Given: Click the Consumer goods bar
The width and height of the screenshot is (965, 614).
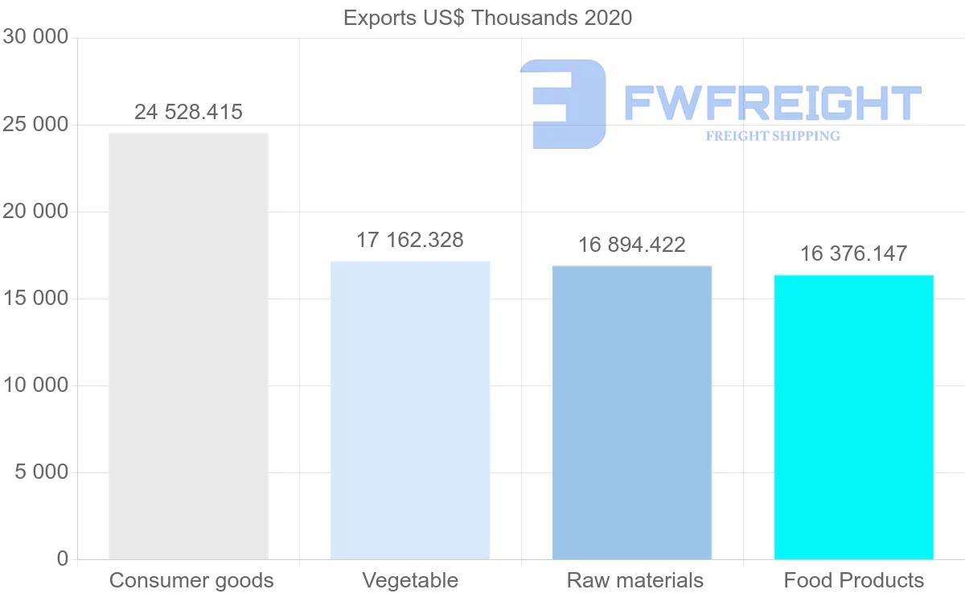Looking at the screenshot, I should pyautogui.click(x=188, y=346).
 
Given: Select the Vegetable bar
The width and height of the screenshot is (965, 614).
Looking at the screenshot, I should pyautogui.click(x=410, y=410).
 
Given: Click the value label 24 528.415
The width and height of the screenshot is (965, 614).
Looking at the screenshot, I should pyautogui.click(x=188, y=112).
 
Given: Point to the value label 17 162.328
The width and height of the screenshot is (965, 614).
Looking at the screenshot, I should pyautogui.click(x=410, y=240).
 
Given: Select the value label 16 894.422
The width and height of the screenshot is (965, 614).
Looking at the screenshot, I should pyautogui.click(x=632, y=245).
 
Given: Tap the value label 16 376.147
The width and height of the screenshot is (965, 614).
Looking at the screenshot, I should pyautogui.click(x=853, y=253).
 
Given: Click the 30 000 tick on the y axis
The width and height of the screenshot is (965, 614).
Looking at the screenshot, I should pyautogui.click(x=35, y=38).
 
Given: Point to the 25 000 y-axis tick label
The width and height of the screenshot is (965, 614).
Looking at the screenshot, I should pyautogui.click(x=35, y=125).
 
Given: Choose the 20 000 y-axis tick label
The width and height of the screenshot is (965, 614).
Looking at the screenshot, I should pyautogui.click(x=35, y=212).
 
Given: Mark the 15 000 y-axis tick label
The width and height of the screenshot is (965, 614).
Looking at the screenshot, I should pyautogui.click(x=35, y=299).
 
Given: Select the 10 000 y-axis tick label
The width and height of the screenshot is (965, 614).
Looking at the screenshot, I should pyautogui.click(x=35, y=385).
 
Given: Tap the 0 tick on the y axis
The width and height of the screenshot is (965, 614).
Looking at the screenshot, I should pyautogui.click(x=63, y=559).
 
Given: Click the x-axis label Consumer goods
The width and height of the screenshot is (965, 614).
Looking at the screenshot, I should pyautogui.click(x=191, y=580).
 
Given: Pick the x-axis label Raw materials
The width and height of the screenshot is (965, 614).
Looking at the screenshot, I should pyautogui.click(x=635, y=580).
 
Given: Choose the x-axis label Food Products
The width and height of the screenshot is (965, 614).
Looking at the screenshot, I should pyautogui.click(x=854, y=580).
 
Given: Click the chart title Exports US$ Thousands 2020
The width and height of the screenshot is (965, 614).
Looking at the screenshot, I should pyautogui.click(x=488, y=18).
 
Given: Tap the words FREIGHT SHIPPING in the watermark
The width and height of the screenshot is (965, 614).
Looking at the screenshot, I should pyautogui.click(x=773, y=136).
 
